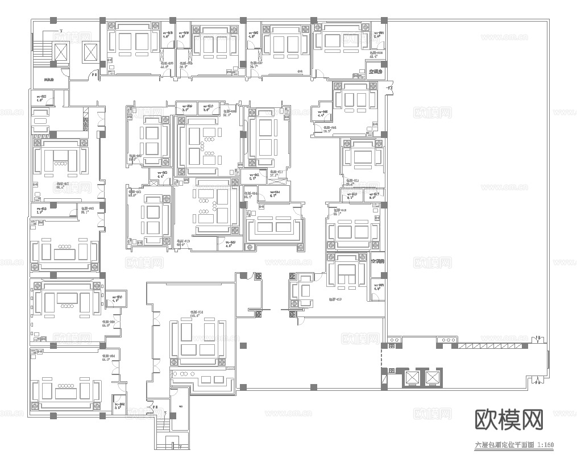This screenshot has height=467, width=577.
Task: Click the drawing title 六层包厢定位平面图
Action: point(504,446)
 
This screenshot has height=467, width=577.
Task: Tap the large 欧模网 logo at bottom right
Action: point(508,420)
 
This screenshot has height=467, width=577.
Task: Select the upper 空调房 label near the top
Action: point(376,72)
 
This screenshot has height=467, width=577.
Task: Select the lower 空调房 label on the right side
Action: point(377,262)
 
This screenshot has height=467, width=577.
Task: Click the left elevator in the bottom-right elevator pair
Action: point(410,378)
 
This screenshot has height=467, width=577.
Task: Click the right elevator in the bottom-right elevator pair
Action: point(433,378)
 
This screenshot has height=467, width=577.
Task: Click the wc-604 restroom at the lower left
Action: point(119,404)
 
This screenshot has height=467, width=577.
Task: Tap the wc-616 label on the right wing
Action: point(351,195)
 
